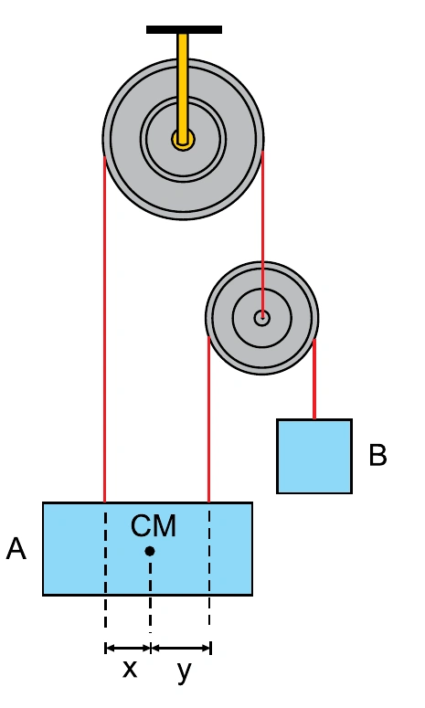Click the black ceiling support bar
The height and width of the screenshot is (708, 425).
click(184, 30)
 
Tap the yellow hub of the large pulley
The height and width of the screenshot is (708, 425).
click(183, 140)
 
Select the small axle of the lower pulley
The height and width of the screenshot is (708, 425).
click(262, 318)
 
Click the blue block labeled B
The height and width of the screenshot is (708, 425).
click(314, 456)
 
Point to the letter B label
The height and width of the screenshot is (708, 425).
click(377, 455)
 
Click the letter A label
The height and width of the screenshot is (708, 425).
click(16, 549)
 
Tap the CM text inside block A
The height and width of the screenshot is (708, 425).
click(154, 525)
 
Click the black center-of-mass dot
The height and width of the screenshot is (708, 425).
click(150, 551)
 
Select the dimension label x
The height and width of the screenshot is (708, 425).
click(130, 669)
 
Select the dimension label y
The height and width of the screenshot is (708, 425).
click(185, 672)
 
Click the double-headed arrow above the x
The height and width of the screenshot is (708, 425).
click(127, 649)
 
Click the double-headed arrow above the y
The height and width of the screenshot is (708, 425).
click(181, 649)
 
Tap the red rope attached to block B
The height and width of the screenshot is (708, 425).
click(314, 378)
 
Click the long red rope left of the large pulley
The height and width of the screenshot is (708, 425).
click(105, 329)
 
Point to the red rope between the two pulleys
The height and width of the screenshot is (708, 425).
click(262, 234)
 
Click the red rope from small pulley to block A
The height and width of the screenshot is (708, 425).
click(208, 419)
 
